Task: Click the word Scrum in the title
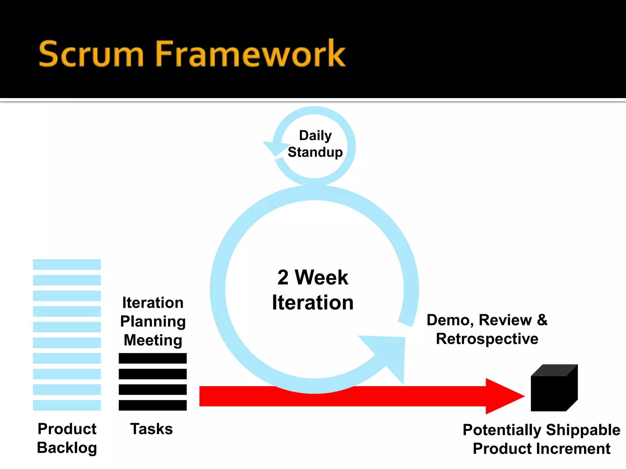point(91,54)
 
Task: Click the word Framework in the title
point(251,54)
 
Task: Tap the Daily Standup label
point(315,144)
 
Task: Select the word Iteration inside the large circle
point(313,303)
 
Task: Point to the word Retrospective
point(487,339)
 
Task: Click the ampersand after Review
point(542,320)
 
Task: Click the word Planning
point(153,322)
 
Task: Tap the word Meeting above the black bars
point(153,340)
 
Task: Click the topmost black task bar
point(153,358)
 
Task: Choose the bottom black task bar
point(153,405)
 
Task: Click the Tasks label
point(151,429)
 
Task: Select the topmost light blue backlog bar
point(67,264)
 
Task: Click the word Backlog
point(67,448)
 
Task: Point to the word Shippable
point(583,430)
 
